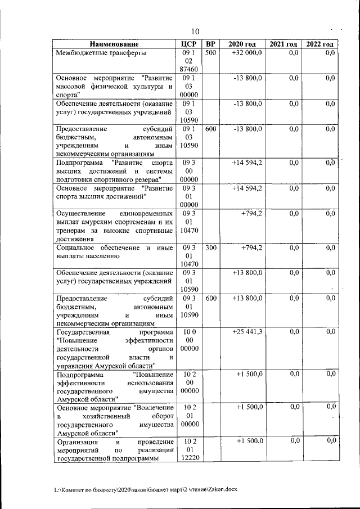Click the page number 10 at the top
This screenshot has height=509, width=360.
[x=195, y=31]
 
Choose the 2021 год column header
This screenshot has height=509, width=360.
[x=283, y=44]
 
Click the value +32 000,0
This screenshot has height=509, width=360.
[x=246, y=53]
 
